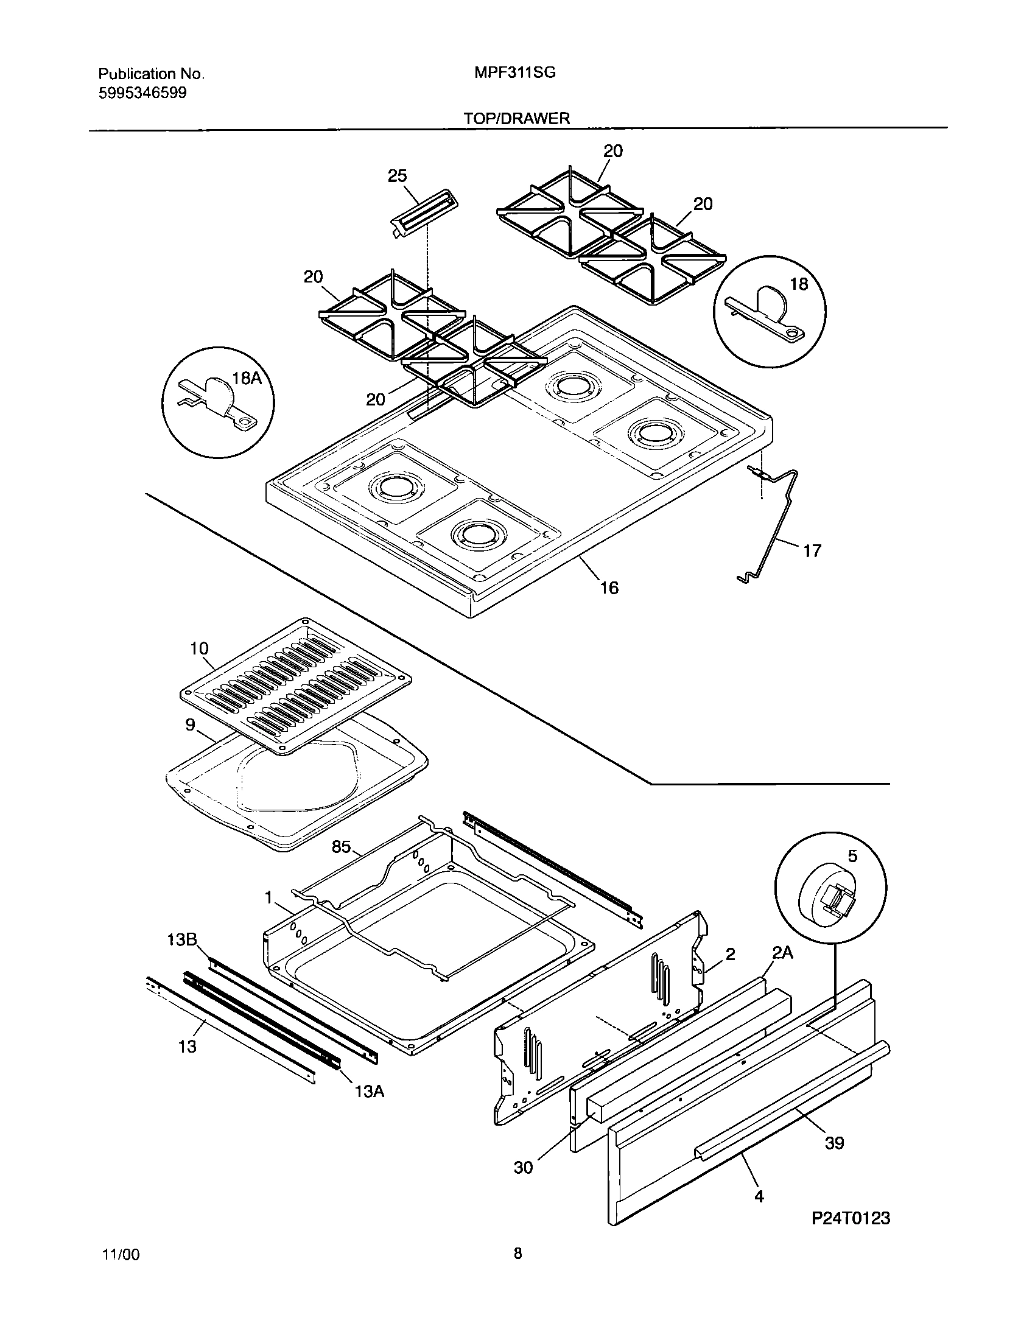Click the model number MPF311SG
coord(515,73)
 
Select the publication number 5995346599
coord(142,93)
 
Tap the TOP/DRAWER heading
coord(517,119)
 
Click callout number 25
coord(397,176)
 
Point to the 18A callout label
coord(247,378)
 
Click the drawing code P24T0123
coord(851,1235)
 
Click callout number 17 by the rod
coord(812,551)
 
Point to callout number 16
coord(609,588)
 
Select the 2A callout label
coord(782,953)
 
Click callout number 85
coord(342,847)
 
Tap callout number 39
coord(834,1143)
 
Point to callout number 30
coord(524,1167)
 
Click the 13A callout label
coord(369,1092)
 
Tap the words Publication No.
coord(151,74)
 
